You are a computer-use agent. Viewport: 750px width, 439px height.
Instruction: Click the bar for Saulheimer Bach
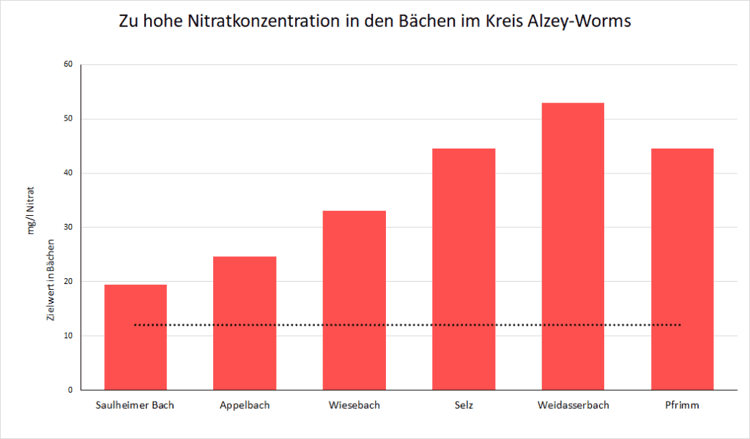click(x=135, y=337)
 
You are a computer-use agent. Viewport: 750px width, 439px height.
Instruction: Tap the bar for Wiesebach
click(x=354, y=301)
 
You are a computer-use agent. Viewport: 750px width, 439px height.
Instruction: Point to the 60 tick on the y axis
click(x=68, y=64)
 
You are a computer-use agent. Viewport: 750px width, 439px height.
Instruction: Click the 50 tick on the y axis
click(x=68, y=119)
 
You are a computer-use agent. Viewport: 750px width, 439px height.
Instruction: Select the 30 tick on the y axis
click(x=68, y=228)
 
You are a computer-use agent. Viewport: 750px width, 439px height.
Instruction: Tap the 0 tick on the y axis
click(x=70, y=390)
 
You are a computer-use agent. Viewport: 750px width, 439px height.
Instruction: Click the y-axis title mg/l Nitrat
click(x=31, y=211)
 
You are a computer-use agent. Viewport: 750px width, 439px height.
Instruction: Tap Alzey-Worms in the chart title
click(x=580, y=22)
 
